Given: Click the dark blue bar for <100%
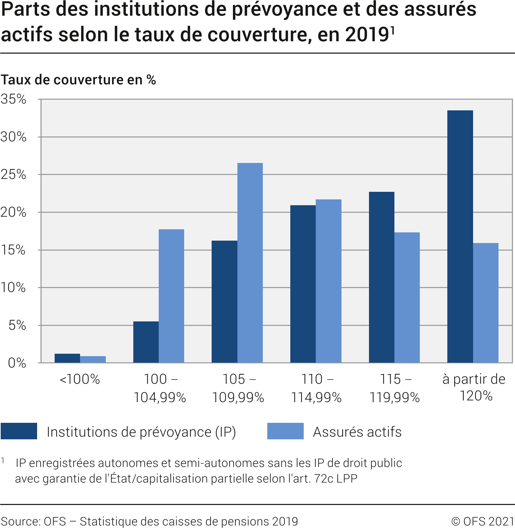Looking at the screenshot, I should pyautogui.click(x=67, y=358).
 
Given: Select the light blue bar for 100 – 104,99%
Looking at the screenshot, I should pyautogui.click(x=171, y=296).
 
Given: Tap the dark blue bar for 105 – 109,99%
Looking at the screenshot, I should pyautogui.click(x=224, y=301).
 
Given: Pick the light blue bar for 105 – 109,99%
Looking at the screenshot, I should pyautogui.click(x=250, y=263).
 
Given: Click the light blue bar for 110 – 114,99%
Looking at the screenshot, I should pyautogui.click(x=328, y=281).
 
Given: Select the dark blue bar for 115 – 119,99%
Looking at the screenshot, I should pyautogui.click(x=381, y=277).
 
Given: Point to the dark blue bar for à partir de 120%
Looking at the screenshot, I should pyautogui.click(x=460, y=236).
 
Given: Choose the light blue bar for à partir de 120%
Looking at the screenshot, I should pyautogui.click(x=486, y=303).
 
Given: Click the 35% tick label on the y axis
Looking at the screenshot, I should pyautogui.click(x=13, y=99).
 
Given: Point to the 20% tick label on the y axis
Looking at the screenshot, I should pyautogui.click(x=13, y=212).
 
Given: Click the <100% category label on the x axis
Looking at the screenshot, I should pyautogui.click(x=80, y=379).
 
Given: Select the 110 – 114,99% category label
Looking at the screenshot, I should pyautogui.click(x=316, y=388).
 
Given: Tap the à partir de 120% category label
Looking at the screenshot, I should pyautogui.click(x=474, y=387).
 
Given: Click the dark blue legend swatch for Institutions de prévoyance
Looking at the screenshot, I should pyautogui.click(x=19, y=431).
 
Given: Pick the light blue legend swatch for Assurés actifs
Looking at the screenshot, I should pyautogui.click(x=285, y=431).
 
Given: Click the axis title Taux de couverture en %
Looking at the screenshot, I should pyautogui.click(x=78, y=80).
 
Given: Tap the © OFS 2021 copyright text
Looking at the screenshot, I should pyautogui.click(x=482, y=521).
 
